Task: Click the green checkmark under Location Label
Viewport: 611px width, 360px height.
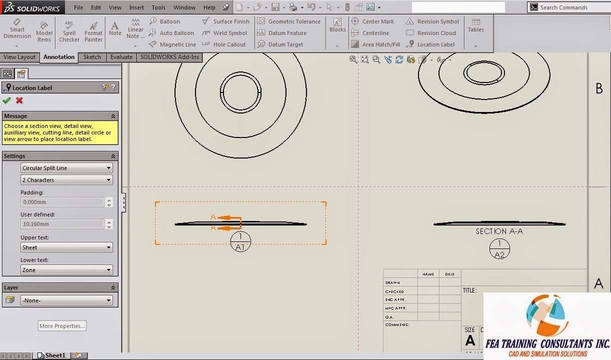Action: (x=6, y=100)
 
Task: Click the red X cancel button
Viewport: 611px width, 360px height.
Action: (x=19, y=100)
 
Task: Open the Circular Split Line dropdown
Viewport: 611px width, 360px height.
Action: (x=66, y=168)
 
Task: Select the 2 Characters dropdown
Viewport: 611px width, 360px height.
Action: (x=66, y=180)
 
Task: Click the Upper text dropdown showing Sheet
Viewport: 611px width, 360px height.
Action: (x=66, y=247)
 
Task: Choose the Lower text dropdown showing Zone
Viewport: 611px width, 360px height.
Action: (x=66, y=270)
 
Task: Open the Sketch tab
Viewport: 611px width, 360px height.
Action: (x=92, y=57)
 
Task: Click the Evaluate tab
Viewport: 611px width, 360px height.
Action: (x=121, y=57)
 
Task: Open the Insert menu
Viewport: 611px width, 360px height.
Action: (x=136, y=7)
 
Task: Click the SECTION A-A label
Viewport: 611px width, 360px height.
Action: (x=499, y=231)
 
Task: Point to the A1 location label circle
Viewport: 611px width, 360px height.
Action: (x=240, y=242)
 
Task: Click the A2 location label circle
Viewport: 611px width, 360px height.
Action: (x=499, y=249)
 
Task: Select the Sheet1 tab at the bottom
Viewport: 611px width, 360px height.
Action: (x=54, y=355)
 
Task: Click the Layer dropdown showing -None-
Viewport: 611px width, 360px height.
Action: (x=66, y=300)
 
